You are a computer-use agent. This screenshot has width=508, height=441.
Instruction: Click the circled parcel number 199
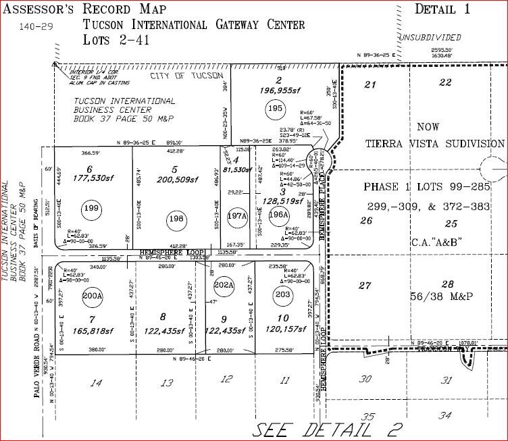[x=91, y=210]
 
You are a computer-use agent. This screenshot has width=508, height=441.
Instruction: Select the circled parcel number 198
[x=176, y=218]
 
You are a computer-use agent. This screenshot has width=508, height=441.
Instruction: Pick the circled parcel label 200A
[x=93, y=295]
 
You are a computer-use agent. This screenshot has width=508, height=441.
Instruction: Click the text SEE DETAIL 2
[x=328, y=430]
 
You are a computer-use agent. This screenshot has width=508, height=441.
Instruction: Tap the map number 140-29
[x=35, y=28]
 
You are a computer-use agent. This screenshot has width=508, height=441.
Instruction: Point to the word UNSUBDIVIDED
[x=426, y=38]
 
